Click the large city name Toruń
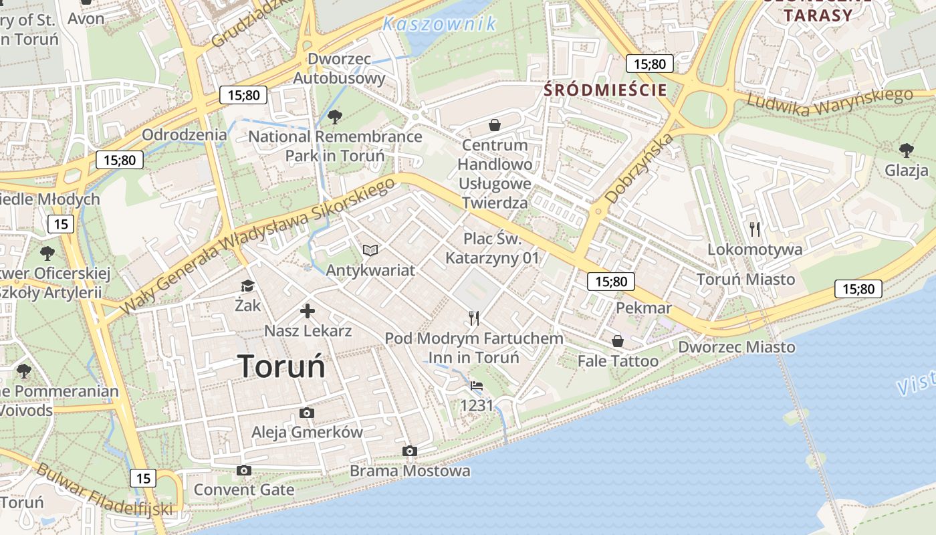281,366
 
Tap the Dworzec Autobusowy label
339,68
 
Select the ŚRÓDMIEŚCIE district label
606,90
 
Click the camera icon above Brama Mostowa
410,451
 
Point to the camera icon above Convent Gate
244,471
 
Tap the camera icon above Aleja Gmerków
307,413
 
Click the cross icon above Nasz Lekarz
308,311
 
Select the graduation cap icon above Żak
247,286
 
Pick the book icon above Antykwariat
370,251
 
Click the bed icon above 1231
477,386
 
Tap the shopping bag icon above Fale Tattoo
618,342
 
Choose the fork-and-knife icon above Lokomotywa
755,229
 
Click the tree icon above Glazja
906,150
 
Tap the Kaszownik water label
439,24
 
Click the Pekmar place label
643,308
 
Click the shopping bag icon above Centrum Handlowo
495,125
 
